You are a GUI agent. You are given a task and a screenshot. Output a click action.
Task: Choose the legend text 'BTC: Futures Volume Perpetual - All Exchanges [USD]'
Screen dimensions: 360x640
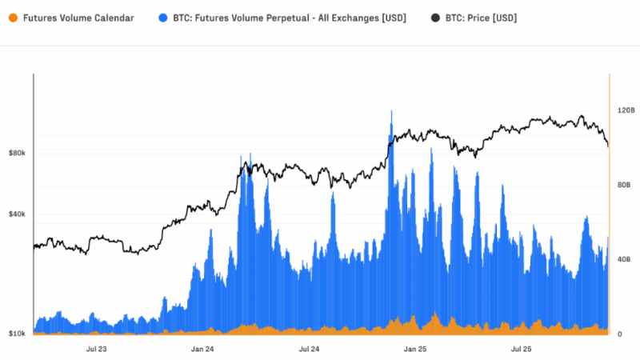(x=290, y=17)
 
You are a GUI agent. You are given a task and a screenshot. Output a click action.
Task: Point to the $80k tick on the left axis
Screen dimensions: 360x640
(x=18, y=152)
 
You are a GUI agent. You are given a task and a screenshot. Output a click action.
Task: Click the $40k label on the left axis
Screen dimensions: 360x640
(x=18, y=214)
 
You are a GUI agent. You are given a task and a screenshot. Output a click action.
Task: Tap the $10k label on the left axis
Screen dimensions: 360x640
(x=18, y=333)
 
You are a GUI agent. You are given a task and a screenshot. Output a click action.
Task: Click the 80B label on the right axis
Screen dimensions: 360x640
(x=623, y=185)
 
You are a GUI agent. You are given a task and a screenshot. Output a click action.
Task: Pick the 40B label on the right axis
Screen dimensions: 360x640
(x=623, y=259)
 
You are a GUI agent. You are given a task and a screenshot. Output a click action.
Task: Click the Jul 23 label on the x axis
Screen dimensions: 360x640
(x=96, y=349)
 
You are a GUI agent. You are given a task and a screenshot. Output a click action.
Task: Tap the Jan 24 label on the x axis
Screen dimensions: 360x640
(x=202, y=349)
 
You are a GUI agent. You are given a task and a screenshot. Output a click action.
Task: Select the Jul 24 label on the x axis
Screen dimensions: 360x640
(x=309, y=349)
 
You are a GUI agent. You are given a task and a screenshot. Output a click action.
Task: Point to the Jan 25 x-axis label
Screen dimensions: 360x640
(x=415, y=349)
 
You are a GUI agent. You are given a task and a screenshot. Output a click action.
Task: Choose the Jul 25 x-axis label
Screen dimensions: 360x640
(x=522, y=349)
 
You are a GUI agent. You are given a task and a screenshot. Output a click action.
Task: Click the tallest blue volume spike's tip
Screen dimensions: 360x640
(x=391, y=111)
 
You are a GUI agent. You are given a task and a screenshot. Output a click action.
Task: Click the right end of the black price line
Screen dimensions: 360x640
(x=608, y=146)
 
